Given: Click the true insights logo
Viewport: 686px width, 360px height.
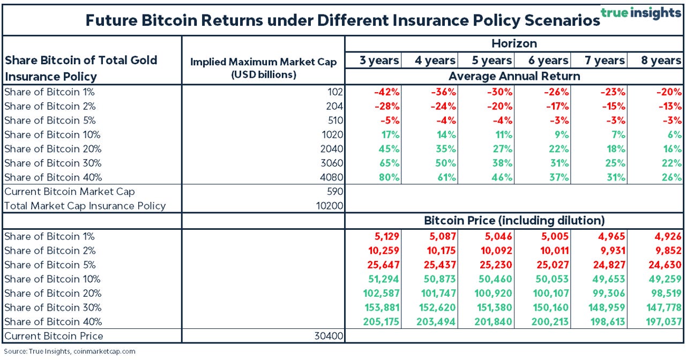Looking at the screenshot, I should pyautogui.click(x=641, y=13).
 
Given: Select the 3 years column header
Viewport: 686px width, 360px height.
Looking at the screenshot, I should pyautogui.click(x=379, y=61).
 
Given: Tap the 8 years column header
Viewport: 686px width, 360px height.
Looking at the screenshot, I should pyautogui.click(x=661, y=61).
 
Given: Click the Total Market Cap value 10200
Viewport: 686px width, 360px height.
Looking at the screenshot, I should pyautogui.click(x=329, y=206).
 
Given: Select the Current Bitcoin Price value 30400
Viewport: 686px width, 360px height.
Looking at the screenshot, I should pyautogui.click(x=329, y=336).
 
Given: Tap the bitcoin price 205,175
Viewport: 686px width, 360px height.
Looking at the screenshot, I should pyautogui.click(x=380, y=321).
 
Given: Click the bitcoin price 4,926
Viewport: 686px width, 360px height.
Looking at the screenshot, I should pyautogui.click(x=667, y=236).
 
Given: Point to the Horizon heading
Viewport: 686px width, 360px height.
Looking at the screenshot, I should pyautogui.click(x=514, y=43).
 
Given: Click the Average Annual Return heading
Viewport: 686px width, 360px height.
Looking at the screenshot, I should pyautogui.click(x=514, y=76).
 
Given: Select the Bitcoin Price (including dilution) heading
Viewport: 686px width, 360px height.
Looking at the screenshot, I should pyautogui.click(x=514, y=220).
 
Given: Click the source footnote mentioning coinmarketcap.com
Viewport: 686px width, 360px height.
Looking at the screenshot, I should pyautogui.click(x=69, y=351).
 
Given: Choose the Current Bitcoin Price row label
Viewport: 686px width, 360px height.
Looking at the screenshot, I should pyautogui.click(x=54, y=336).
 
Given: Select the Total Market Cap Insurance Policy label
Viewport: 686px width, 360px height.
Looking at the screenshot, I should pyautogui.click(x=85, y=206).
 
